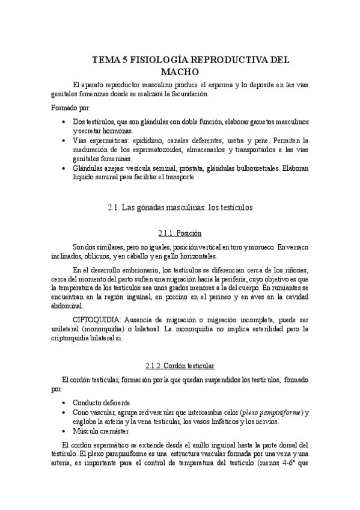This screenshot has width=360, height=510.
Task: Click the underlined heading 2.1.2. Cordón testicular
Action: click(180, 366)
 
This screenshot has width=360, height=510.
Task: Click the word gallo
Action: click(171, 256)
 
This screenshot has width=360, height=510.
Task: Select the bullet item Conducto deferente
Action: click(102, 402)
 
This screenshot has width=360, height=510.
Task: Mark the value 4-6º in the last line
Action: click(278, 465)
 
